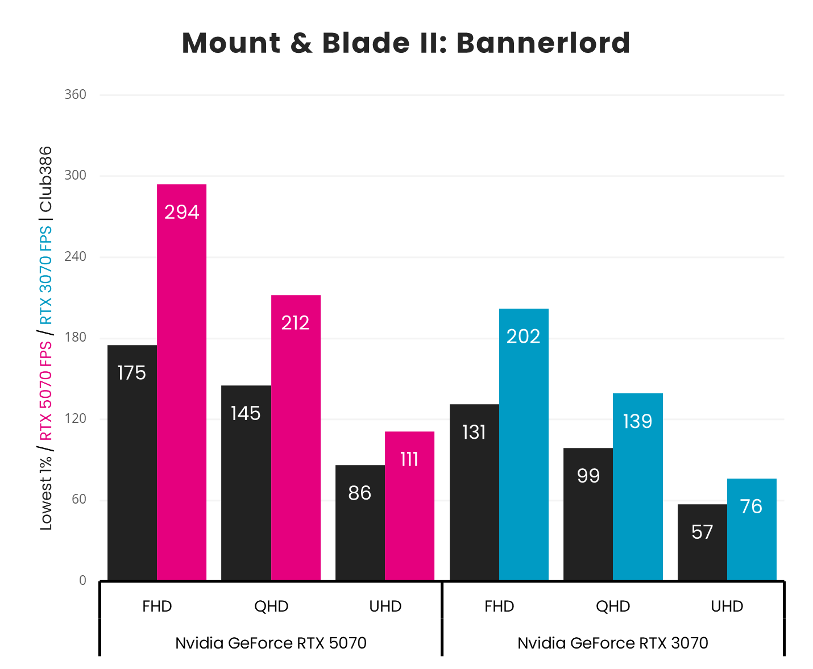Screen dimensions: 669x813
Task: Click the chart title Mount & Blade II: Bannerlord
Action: [406, 43]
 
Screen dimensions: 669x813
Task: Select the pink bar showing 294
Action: [181, 382]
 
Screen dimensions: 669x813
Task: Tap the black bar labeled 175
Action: [132, 463]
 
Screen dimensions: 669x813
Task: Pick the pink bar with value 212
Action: [296, 438]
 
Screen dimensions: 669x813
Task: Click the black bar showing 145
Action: [246, 483]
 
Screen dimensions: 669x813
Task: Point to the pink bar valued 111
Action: [409, 506]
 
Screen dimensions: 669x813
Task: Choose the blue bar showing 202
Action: [524, 444]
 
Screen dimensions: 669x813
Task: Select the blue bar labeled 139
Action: [637, 487]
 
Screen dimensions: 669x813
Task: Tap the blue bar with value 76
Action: [752, 529]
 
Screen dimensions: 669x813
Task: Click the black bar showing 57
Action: [702, 542]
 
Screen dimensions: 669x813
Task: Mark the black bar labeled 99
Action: [588, 514]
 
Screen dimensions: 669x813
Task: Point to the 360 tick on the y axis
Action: [75, 94]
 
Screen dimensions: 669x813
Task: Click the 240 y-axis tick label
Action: [75, 256]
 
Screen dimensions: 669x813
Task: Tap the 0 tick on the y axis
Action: [82, 580]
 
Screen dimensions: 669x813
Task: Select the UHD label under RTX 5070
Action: [385, 606]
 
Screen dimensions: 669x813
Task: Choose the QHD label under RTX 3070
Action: [613, 606]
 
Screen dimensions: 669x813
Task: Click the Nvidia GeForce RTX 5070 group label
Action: [271, 643]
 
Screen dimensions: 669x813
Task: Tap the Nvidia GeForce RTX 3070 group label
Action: [613, 643]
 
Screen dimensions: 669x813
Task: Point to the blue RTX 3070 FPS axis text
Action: [45, 275]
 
